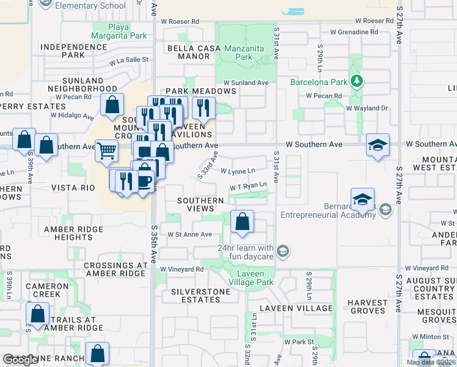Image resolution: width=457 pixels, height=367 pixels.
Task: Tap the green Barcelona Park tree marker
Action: click(x=357, y=81)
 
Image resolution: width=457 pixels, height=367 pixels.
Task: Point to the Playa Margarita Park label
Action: click(x=120, y=31)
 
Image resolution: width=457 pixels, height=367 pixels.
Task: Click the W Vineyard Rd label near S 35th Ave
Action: click(x=181, y=269)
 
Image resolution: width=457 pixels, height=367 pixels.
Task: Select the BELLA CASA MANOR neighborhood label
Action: click(x=189, y=52)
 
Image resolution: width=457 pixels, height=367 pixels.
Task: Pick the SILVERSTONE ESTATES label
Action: click(x=201, y=295)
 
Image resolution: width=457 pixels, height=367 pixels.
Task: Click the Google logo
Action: click(x=21, y=360)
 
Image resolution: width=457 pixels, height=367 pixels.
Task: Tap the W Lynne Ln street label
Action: click(x=237, y=171)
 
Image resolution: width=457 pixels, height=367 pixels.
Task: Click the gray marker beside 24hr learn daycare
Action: click(x=282, y=250)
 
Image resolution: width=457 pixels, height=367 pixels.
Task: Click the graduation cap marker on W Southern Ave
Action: click(x=378, y=145)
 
